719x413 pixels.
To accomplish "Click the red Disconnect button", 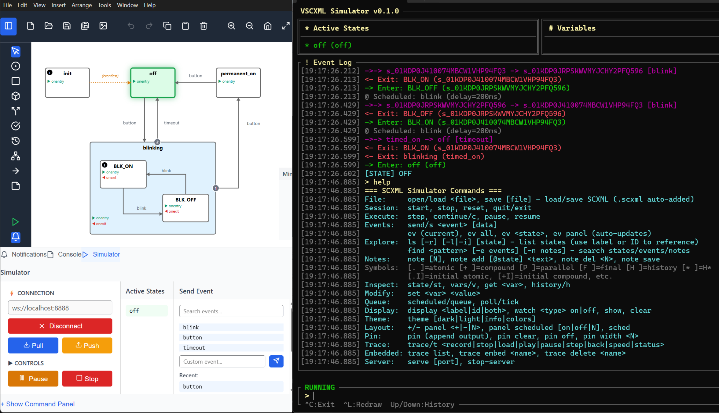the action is (x=60, y=326).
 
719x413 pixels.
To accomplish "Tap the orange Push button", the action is (x=87, y=345).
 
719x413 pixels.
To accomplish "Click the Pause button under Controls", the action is (x=33, y=379).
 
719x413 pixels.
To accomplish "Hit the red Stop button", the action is (x=87, y=379).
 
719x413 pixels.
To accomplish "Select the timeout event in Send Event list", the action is (x=231, y=347).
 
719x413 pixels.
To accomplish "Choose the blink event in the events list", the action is (x=231, y=327).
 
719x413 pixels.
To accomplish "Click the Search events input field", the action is (x=231, y=311).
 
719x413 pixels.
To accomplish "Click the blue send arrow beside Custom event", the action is (x=276, y=361).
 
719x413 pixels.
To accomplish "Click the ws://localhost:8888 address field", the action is (x=60, y=308).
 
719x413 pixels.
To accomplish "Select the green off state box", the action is (x=153, y=83).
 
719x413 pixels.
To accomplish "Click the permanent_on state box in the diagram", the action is (x=238, y=83).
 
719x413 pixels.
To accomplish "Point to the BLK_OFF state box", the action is (x=186, y=208).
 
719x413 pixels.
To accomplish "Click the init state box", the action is (x=67, y=83).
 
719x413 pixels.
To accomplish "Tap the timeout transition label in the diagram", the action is (x=171, y=123).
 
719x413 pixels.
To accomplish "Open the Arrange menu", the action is (x=82, y=5).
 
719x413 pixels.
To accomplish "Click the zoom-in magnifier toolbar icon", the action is (x=231, y=26).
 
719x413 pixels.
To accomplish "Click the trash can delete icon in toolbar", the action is (x=204, y=26).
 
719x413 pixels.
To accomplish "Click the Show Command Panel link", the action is (x=38, y=404).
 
